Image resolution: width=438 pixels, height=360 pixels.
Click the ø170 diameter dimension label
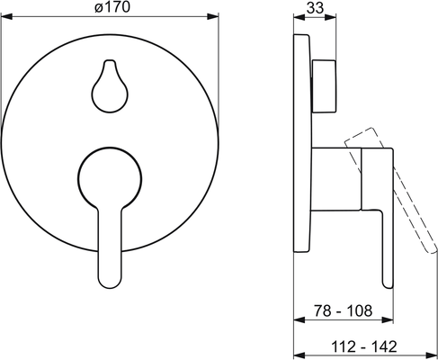(x=112, y=6)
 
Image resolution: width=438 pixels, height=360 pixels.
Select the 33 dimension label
(x=315, y=8)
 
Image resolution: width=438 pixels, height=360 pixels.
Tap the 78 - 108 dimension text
(x=344, y=310)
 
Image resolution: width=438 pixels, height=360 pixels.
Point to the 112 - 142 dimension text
(x=364, y=346)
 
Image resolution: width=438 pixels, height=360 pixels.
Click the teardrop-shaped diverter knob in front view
(x=110, y=86)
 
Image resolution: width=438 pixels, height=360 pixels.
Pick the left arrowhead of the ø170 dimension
(x=6, y=16)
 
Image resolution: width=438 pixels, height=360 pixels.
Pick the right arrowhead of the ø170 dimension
(x=213, y=16)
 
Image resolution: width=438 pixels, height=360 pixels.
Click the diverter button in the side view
(x=324, y=86)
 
